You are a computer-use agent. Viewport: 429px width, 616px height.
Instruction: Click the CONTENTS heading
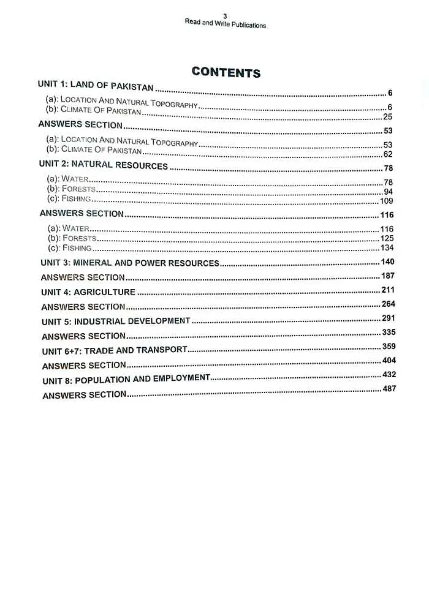click(x=226, y=72)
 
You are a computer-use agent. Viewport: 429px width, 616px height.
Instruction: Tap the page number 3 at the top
click(x=225, y=16)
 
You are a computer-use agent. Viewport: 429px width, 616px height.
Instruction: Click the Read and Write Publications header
click(x=225, y=25)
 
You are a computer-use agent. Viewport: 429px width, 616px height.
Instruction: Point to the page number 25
click(x=387, y=116)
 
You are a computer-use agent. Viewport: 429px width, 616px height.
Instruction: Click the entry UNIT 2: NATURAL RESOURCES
click(x=103, y=165)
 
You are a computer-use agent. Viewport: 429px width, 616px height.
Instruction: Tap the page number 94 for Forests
click(x=388, y=192)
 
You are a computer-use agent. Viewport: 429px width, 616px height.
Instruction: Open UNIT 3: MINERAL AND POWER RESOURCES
click(x=130, y=263)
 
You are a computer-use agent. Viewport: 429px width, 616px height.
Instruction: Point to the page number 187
click(x=388, y=276)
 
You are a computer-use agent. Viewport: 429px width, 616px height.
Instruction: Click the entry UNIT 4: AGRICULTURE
click(x=88, y=292)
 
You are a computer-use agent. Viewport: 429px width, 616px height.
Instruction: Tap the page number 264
click(x=389, y=304)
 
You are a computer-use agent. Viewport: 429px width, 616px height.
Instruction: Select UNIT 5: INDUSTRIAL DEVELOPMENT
click(x=116, y=321)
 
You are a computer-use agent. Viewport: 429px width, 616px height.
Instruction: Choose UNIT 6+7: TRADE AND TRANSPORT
click(x=115, y=350)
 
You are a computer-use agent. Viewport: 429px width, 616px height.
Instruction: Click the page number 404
click(x=389, y=361)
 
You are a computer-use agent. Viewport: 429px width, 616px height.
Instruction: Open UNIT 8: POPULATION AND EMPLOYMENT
click(x=126, y=380)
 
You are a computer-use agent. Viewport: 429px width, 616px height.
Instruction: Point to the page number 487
click(x=389, y=389)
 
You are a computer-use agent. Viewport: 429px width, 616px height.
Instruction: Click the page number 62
click(x=387, y=154)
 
